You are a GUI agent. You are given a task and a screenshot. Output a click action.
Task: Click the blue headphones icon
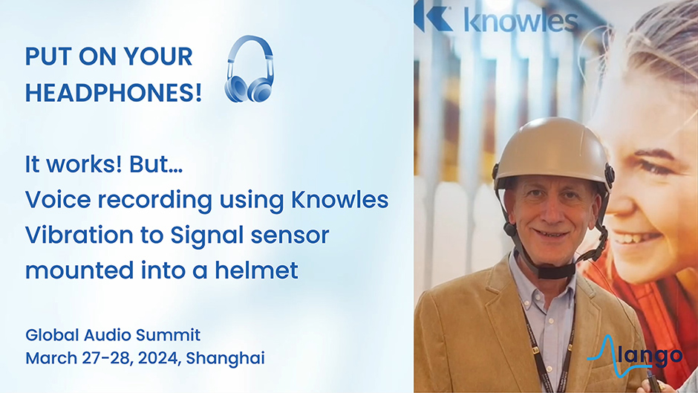pyautogui.click(x=249, y=69)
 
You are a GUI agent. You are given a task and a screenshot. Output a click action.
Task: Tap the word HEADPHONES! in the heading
pyautogui.click(x=114, y=93)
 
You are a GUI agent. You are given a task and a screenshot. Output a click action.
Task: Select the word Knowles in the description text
pyautogui.click(x=339, y=200)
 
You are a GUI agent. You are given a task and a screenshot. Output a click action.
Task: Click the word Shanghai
pyautogui.click(x=225, y=359)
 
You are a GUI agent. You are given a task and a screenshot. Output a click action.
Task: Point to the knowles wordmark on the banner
pyautogui.click(x=521, y=21)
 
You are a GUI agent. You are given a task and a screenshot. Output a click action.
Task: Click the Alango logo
pyautogui.click(x=634, y=357)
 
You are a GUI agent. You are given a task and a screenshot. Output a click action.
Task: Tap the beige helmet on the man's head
pyautogui.click(x=552, y=149)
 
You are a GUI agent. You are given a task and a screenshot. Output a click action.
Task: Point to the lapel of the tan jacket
pyautogui.click(x=498, y=303)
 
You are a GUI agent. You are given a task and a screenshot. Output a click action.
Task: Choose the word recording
pyautogui.click(x=154, y=201)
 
